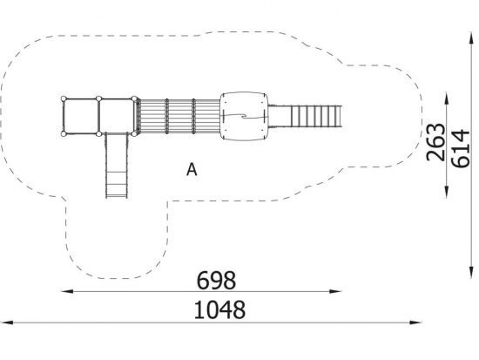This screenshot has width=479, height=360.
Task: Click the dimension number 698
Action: [x=216, y=281]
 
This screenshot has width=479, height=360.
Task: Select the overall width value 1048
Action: [x=219, y=309]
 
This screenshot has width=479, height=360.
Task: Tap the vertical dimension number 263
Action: [x=435, y=142]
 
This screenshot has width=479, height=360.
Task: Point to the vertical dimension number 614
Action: [x=460, y=149]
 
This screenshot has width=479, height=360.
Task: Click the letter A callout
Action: [x=192, y=169]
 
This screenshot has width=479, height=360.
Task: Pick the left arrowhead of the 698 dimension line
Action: [x=67, y=291]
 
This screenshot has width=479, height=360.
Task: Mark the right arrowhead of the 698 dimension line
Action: [x=335, y=291]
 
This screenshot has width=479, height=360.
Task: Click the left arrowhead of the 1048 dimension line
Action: [x=7, y=322]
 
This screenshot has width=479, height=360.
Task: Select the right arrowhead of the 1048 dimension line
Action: [x=415, y=322]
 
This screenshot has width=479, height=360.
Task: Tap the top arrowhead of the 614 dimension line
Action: [x=471, y=38]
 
